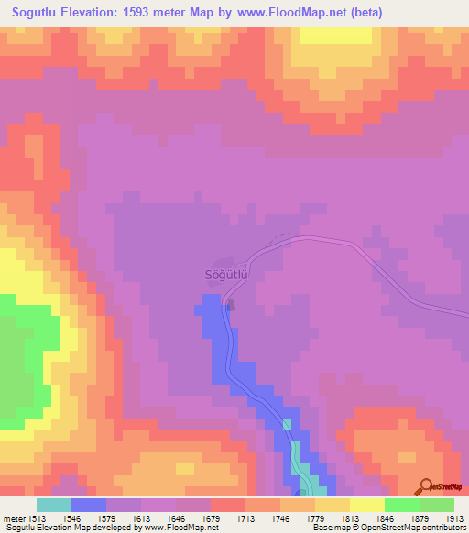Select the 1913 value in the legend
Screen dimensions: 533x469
coord(453,517)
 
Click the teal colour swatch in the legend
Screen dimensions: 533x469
coord(54,505)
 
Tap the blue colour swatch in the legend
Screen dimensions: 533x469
coord(89,505)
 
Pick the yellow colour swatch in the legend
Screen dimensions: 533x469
coord(367,505)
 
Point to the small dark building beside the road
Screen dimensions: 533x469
coord(230,305)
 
